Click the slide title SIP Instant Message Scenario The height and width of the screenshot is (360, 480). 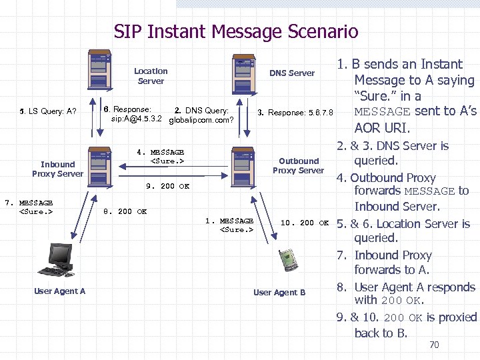click(235, 31)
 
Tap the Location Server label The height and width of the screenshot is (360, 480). click(151, 76)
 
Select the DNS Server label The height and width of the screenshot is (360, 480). click(292, 73)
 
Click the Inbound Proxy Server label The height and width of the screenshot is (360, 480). click(57, 169)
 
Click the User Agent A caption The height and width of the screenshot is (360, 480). click(59, 291)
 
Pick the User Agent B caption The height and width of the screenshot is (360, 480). click(279, 292)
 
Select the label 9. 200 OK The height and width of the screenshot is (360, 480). click(167, 186)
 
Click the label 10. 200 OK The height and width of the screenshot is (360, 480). click(305, 223)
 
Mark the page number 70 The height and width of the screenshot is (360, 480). click(434, 345)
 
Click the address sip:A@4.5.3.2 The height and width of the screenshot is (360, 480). click(136, 119)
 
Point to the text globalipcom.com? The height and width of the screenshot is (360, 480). click(201, 121)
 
